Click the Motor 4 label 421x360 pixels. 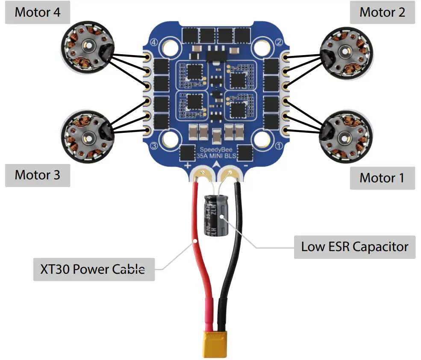[38, 12]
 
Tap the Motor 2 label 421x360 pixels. [382, 12]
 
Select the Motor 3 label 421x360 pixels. [38, 175]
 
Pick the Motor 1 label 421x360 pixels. [382, 178]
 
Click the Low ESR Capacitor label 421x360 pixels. [355, 247]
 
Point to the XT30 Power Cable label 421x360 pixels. [94, 269]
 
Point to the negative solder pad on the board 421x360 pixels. [231, 173]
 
